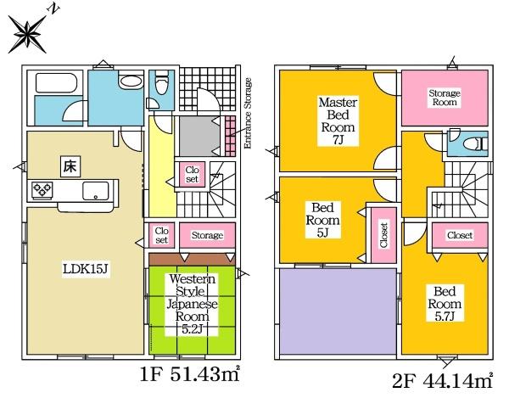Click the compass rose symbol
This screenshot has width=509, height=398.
pos(27,34)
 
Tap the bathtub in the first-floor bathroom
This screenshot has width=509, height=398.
pos(56,83)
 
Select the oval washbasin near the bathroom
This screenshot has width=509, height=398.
pos(131,81)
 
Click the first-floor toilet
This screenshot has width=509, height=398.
pos(161,83)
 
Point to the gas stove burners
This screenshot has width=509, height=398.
pos(42,189)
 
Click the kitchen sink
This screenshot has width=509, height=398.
pos(95,191)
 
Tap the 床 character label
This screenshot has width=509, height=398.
pos(70,166)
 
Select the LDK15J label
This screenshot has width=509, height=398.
pos(86,269)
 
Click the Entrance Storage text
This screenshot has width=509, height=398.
pos(248,114)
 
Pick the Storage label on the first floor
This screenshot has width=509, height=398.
pos(207,235)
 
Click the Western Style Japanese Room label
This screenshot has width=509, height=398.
pos(192,304)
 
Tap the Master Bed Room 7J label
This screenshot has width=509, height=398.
pos(338,121)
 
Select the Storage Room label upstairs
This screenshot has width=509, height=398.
pos(445,98)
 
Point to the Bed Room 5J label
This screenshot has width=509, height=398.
pos(322,220)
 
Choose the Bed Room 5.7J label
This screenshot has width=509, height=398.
pos(445,304)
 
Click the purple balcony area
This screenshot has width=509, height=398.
pos(338,311)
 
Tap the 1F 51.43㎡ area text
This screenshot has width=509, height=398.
pos(190,374)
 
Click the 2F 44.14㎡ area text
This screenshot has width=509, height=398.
pos(442,380)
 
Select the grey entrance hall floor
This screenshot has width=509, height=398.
pos(199,136)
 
